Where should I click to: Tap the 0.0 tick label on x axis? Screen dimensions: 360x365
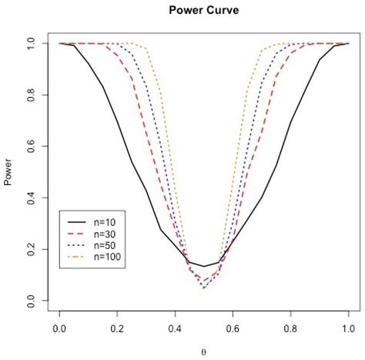click(x=59, y=328)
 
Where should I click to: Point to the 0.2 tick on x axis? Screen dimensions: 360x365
click(x=117, y=328)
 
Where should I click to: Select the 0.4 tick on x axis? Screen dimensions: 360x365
click(x=175, y=328)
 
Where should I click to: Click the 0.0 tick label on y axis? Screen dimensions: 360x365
click(x=32, y=300)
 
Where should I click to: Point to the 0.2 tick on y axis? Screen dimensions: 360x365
click(x=32, y=249)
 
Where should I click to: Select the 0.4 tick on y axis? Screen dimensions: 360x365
click(x=32, y=197)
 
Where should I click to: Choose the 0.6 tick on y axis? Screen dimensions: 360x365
click(x=32, y=146)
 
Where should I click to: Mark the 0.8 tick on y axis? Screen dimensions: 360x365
click(x=32, y=95)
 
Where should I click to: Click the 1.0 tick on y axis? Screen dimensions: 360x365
click(x=32, y=44)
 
